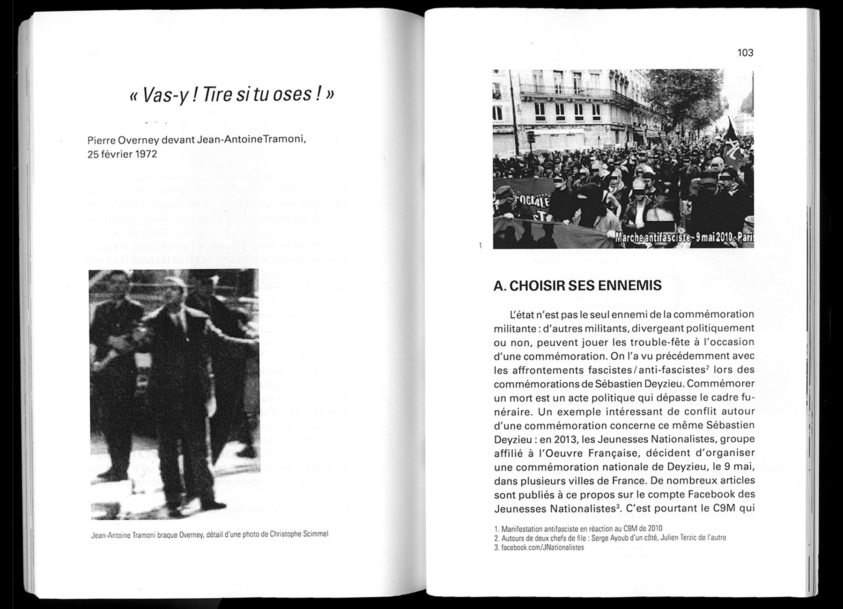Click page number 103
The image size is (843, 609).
(745, 53)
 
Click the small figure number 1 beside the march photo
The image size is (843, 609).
(480, 245)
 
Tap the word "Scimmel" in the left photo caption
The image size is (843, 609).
(313, 534)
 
